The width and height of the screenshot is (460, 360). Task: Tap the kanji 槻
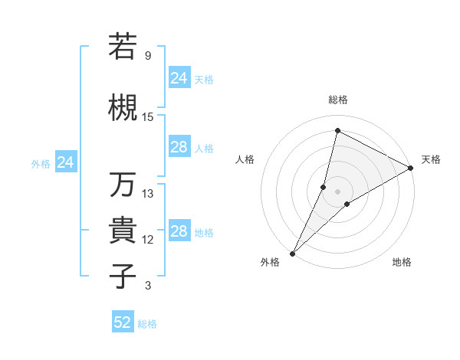pyautogui.click(x=123, y=107)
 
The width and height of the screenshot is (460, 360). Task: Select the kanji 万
pyautogui.click(x=123, y=185)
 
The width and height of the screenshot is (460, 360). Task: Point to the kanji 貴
pyautogui.click(x=123, y=231)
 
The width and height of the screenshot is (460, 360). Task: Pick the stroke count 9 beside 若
pyautogui.click(x=147, y=56)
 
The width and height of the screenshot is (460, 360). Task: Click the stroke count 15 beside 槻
pyautogui.click(x=148, y=117)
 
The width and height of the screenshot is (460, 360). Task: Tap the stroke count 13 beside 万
pyautogui.click(x=148, y=194)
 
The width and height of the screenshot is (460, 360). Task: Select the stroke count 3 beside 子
pyautogui.click(x=147, y=286)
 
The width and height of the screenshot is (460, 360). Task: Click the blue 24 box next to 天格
pyautogui.click(x=179, y=77)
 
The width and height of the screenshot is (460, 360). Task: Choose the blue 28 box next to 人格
pyautogui.click(x=179, y=147)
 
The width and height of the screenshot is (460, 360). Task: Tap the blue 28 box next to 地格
pyautogui.click(x=179, y=231)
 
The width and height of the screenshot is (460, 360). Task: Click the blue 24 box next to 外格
pyautogui.click(x=65, y=162)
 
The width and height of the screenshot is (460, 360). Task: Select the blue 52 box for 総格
pyautogui.click(x=123, y=322)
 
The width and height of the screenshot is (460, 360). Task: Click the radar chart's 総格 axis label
pyautogui.click(x=338, y=100)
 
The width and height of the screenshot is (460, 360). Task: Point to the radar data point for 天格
pyautogui.click(x=411, y=168)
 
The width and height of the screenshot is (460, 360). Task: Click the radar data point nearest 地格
pyautogui.click(x=347, y=204)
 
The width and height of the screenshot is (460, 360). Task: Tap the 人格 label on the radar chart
pyautogui.click(x=245, y=159)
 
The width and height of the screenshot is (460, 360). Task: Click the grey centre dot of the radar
pyautogui.click(x=337, y=191)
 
